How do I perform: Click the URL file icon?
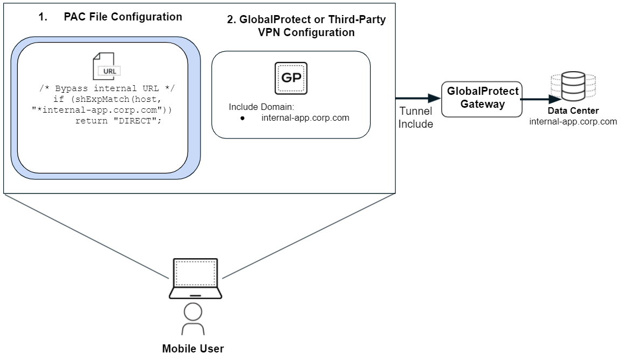(105, 65)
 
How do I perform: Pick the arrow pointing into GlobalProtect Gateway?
(418, 99)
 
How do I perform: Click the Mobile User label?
(193, 349)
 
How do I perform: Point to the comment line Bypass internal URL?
(108, 88)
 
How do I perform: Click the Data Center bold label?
(573, 111)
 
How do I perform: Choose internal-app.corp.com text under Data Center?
(573, 121)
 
